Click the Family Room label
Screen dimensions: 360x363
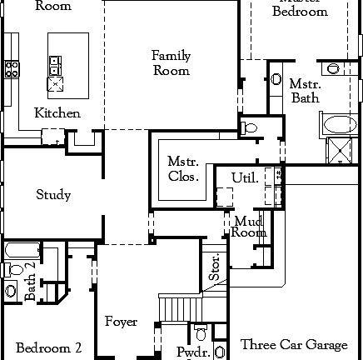171,63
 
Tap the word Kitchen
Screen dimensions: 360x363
57,112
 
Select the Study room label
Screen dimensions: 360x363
53,195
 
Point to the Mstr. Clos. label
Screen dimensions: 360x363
182,168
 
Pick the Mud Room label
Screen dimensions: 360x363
249,227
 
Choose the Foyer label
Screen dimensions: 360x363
121,322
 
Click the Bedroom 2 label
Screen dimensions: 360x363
48,347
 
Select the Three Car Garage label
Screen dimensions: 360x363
294,344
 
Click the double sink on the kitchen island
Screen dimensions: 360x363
54,62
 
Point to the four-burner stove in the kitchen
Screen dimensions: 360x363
12,69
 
